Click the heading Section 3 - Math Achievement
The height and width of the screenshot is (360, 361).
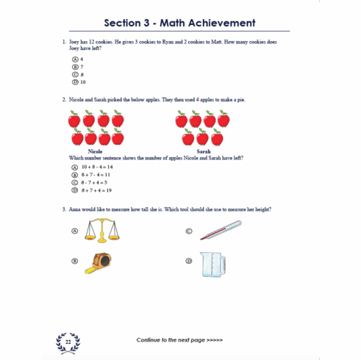tap(180, 24)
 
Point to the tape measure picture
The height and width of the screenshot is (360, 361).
tap(98, 262)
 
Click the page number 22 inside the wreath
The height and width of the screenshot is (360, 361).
tap(68, 341)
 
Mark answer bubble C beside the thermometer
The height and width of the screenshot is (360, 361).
tap(189, 231)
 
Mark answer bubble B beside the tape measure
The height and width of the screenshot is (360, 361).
tap(75, 261)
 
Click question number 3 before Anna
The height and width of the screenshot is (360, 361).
tap(63, 209)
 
